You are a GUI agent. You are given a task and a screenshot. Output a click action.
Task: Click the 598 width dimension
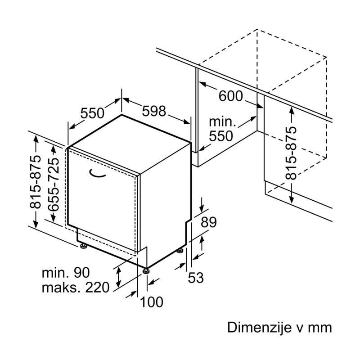click(154, 111)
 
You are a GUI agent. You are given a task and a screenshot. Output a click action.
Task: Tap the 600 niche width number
click(230, 96)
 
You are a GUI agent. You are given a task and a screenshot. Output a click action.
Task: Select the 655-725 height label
click(54, 184)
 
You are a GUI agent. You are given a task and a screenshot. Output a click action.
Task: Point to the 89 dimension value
click(209, 222)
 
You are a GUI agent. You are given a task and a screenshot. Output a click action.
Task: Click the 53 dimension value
click(196, 278)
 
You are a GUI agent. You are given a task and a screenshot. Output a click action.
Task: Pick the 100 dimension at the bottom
click(151, 302)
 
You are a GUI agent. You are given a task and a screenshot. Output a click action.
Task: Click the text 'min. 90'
click(66, 273)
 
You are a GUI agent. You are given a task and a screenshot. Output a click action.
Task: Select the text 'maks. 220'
click(76, 288)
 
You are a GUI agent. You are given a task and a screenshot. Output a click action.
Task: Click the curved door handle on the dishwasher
click(96, 175)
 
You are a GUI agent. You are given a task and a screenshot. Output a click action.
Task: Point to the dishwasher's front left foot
click(83, 246)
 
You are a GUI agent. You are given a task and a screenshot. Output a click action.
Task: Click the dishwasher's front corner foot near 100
click(146, 271)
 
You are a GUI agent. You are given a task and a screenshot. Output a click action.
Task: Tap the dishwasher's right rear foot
click(180, 251)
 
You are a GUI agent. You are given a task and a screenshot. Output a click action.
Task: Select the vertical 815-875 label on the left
click(35, 182)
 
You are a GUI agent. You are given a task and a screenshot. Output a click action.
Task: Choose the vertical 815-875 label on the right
click(291, 153)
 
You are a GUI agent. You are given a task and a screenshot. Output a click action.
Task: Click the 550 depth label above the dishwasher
click(92, 113)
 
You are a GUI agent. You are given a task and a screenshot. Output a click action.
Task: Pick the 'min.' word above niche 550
click(222, 121)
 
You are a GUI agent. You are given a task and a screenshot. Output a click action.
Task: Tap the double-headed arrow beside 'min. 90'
click(118, 277)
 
